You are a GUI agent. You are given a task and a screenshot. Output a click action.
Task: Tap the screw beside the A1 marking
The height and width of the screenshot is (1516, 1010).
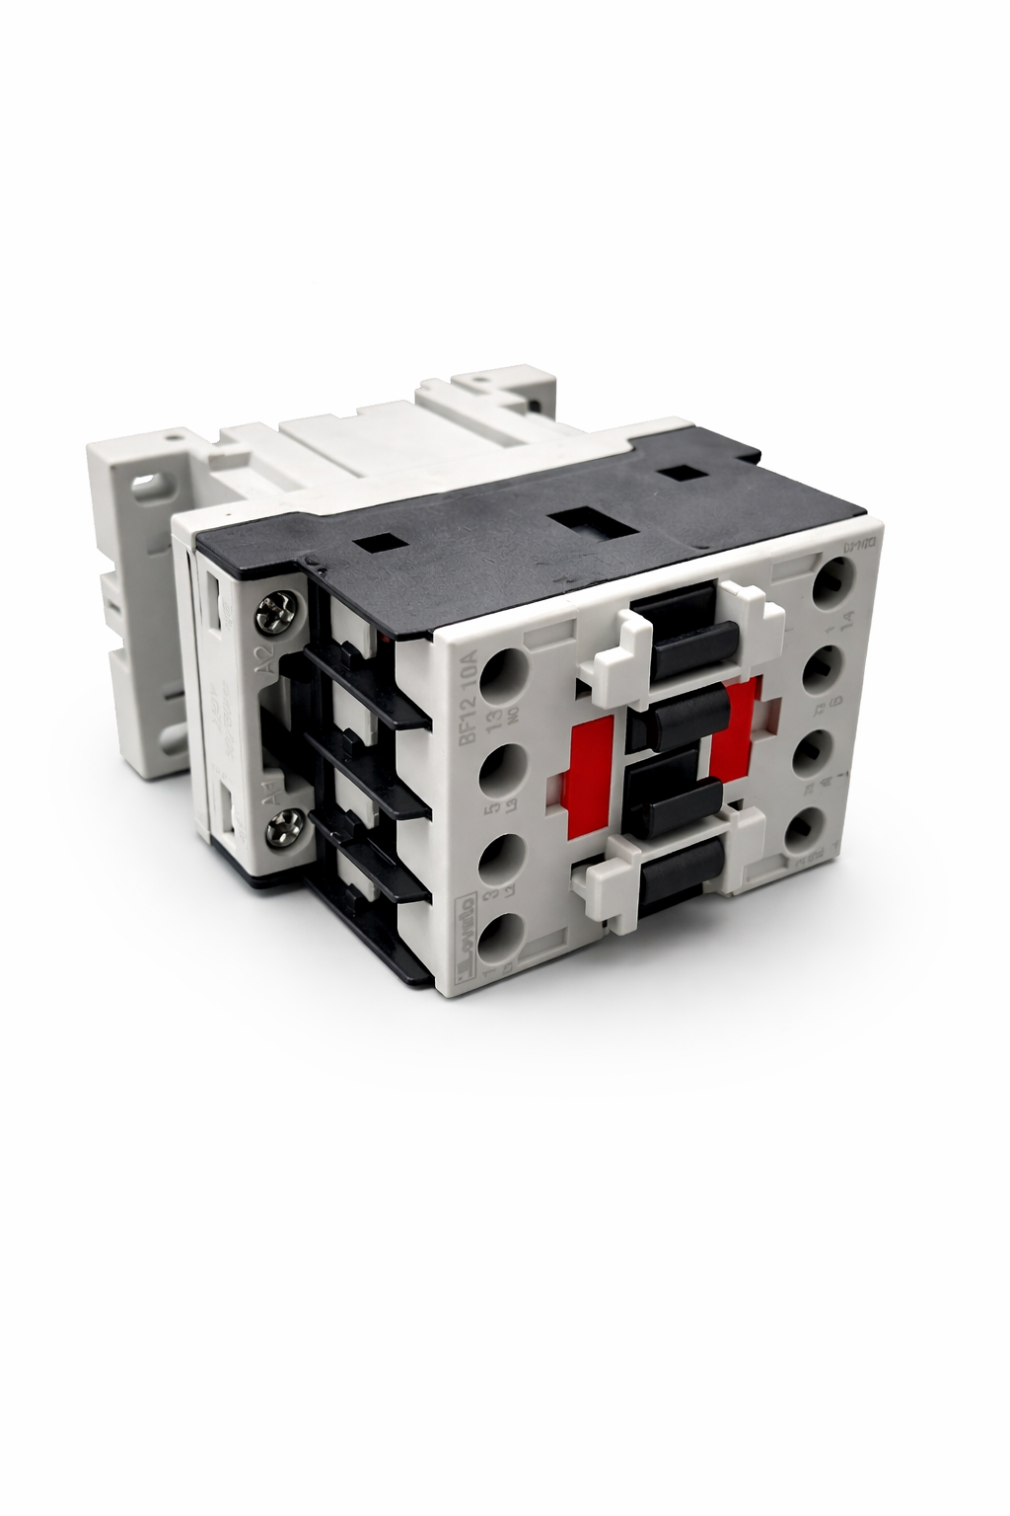[272, 826]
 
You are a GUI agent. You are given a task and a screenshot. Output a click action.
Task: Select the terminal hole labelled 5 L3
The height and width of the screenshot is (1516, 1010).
[504, 771]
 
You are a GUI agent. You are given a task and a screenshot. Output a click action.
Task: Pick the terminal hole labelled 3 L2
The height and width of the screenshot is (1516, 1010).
[501, 857]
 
